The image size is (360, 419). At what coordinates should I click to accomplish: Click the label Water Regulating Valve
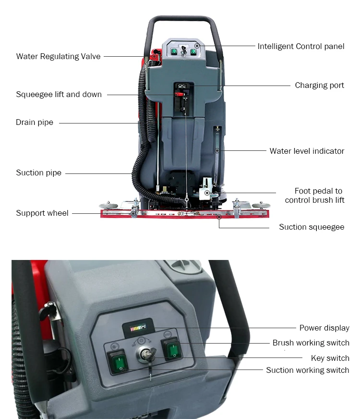[x=58, y=56]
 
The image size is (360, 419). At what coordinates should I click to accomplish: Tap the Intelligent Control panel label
[x=301, y=46]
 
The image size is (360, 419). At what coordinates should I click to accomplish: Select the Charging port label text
[x=319, y=85]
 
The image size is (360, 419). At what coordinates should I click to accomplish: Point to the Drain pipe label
[x=35, y=123]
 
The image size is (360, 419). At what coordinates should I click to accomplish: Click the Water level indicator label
[x=307, y=151]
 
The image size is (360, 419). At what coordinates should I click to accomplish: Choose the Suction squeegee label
[x=312, y=227]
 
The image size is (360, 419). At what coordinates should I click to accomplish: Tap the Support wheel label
[x=42, y=213]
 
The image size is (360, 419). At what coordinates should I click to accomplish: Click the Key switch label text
[x=330, y=358]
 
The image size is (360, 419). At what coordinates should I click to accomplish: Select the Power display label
[x=324, y=328]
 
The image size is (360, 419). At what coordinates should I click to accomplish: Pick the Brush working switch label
[x=311, y=343]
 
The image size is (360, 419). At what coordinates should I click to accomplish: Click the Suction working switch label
[x=307, y=370]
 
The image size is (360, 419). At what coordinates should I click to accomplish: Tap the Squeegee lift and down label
[x=59, y=94]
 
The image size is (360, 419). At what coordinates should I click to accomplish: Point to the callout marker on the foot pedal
[x=207, y=193]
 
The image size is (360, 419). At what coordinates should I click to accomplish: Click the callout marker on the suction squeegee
[x=219, y=217]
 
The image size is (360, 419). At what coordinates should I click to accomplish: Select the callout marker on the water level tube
[x=217, y=151]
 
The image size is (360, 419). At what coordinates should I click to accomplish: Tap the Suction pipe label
[x=39, y=173]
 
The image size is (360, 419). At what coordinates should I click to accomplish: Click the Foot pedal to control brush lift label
[x=314, y=196]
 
